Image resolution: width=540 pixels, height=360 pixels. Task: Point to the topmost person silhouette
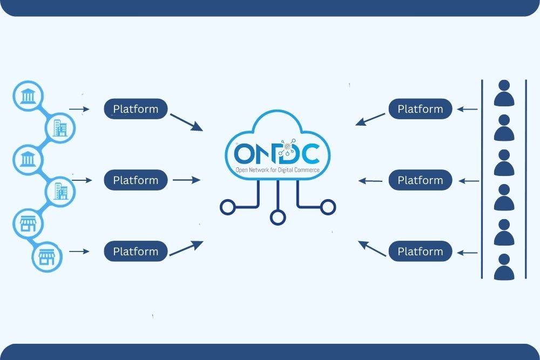coord(504,93)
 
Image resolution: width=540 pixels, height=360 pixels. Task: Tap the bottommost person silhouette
coord(504,267)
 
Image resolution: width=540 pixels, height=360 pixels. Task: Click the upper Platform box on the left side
coord(136,109)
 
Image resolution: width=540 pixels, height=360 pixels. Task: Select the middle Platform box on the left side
coord(136,180)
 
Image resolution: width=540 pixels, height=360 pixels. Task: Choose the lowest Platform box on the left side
coord(136,252)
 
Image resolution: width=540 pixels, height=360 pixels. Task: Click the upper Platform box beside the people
coord(420,109)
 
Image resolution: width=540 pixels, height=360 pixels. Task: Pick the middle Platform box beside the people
coord(420,180)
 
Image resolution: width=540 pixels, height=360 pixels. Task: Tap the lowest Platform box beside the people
coord(420,252)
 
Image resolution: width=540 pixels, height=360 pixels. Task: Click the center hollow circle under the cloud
coord(278,217)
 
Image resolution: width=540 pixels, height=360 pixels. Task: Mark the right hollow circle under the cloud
coord(327,206)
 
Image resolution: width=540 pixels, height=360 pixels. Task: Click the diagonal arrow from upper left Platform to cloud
coord(186,122)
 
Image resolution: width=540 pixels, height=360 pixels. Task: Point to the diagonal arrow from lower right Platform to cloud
coord(373,248)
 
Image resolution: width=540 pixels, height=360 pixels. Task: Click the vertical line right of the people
coord(525,179)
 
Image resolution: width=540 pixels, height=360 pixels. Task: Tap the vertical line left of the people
coord(482,179)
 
